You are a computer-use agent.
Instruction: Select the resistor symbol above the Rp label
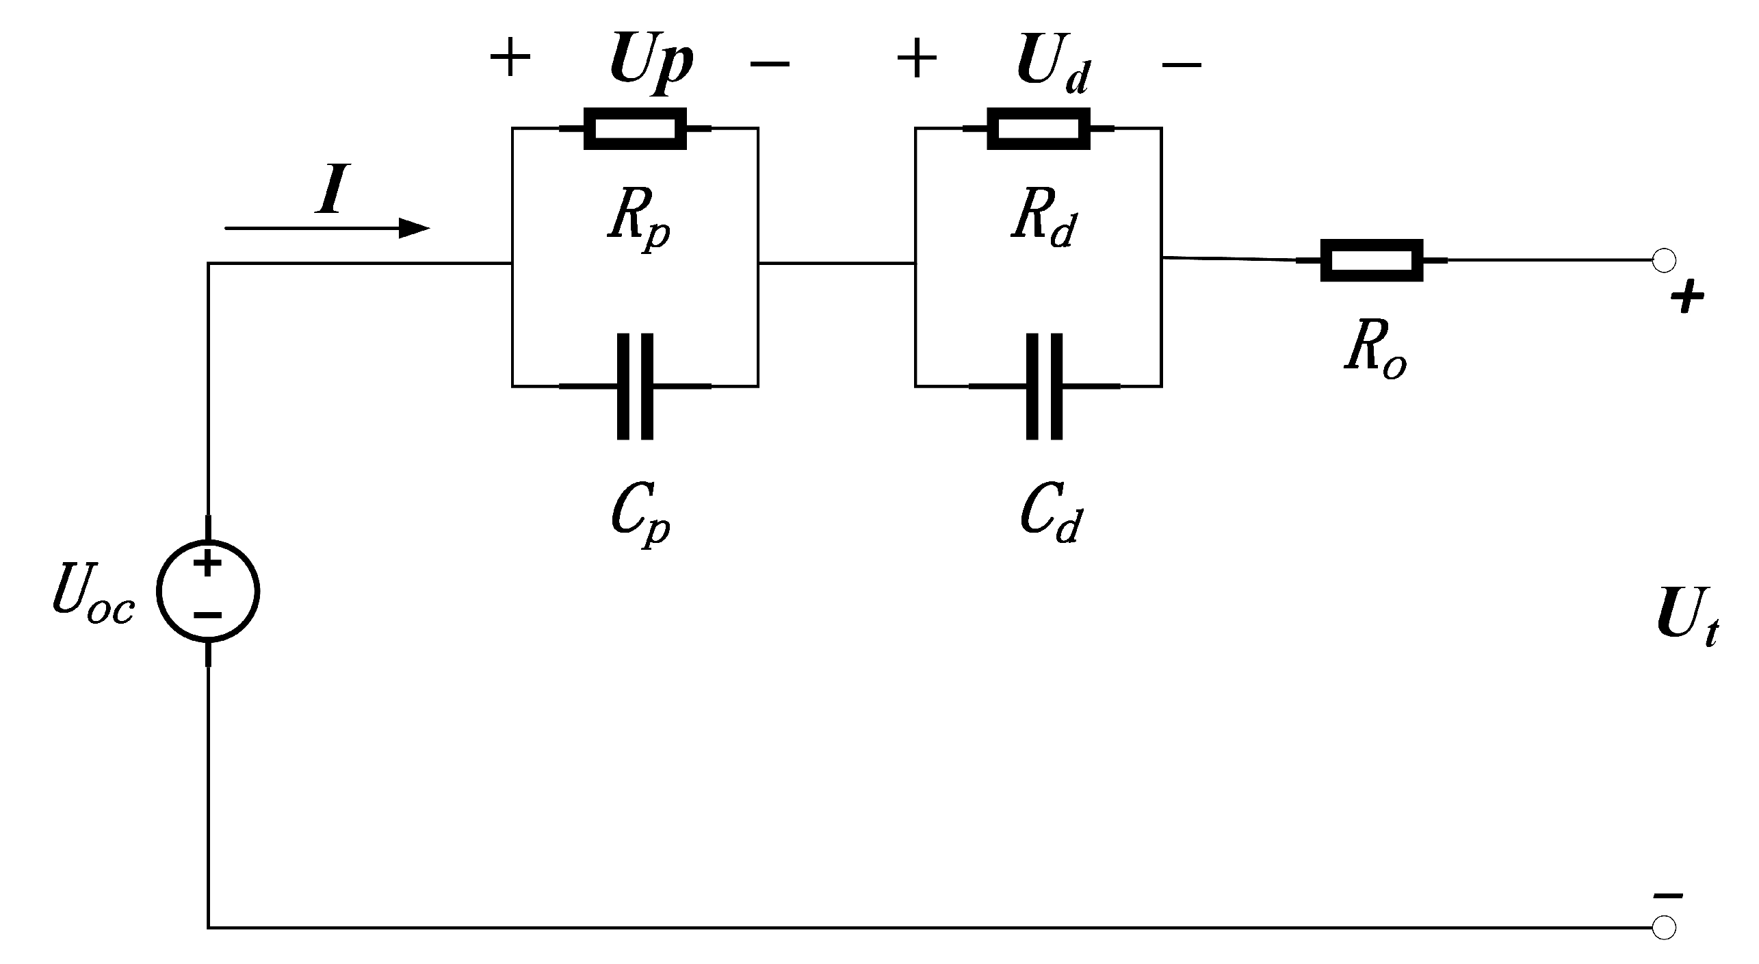pos(635,129)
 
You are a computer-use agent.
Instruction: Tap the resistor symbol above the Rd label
pos(1038,129)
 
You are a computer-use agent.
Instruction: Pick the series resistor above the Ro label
pos(1371,260)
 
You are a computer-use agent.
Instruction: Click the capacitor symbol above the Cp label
pos(635,386)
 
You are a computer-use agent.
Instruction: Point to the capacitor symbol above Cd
pos(1044,386)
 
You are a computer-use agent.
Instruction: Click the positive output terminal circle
pos(1664,260)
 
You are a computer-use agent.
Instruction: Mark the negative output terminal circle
pos(1664,928)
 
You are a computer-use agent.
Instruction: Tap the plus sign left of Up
pos(510,58)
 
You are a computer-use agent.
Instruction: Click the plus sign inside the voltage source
pos(208,565)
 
